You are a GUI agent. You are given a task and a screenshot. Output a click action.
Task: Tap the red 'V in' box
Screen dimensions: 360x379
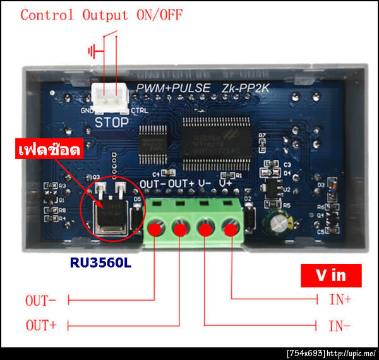[x=331, y=275]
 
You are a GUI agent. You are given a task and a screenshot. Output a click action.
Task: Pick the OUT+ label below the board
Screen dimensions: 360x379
[x=41, y=325]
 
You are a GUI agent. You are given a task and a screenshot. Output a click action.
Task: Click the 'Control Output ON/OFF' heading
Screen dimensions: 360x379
[x=102, y=15]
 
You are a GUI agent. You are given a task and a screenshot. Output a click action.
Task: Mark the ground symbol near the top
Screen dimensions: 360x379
[x=95, y=51]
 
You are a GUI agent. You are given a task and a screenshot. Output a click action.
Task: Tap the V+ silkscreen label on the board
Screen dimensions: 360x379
[x=226, y=183]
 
